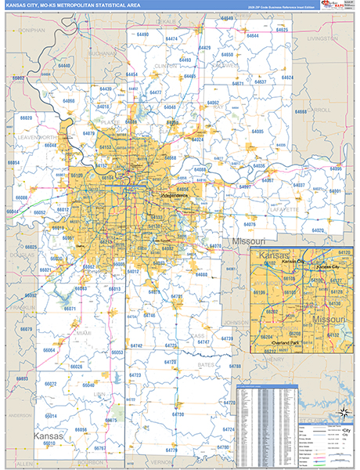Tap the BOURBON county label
click(94, 462)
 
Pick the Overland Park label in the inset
click(295, 342)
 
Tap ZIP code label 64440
click(63, 66)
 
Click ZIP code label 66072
click(50, 384)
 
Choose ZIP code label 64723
click(135, 376)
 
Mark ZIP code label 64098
click(70, 101)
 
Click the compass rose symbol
click(341, 413)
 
